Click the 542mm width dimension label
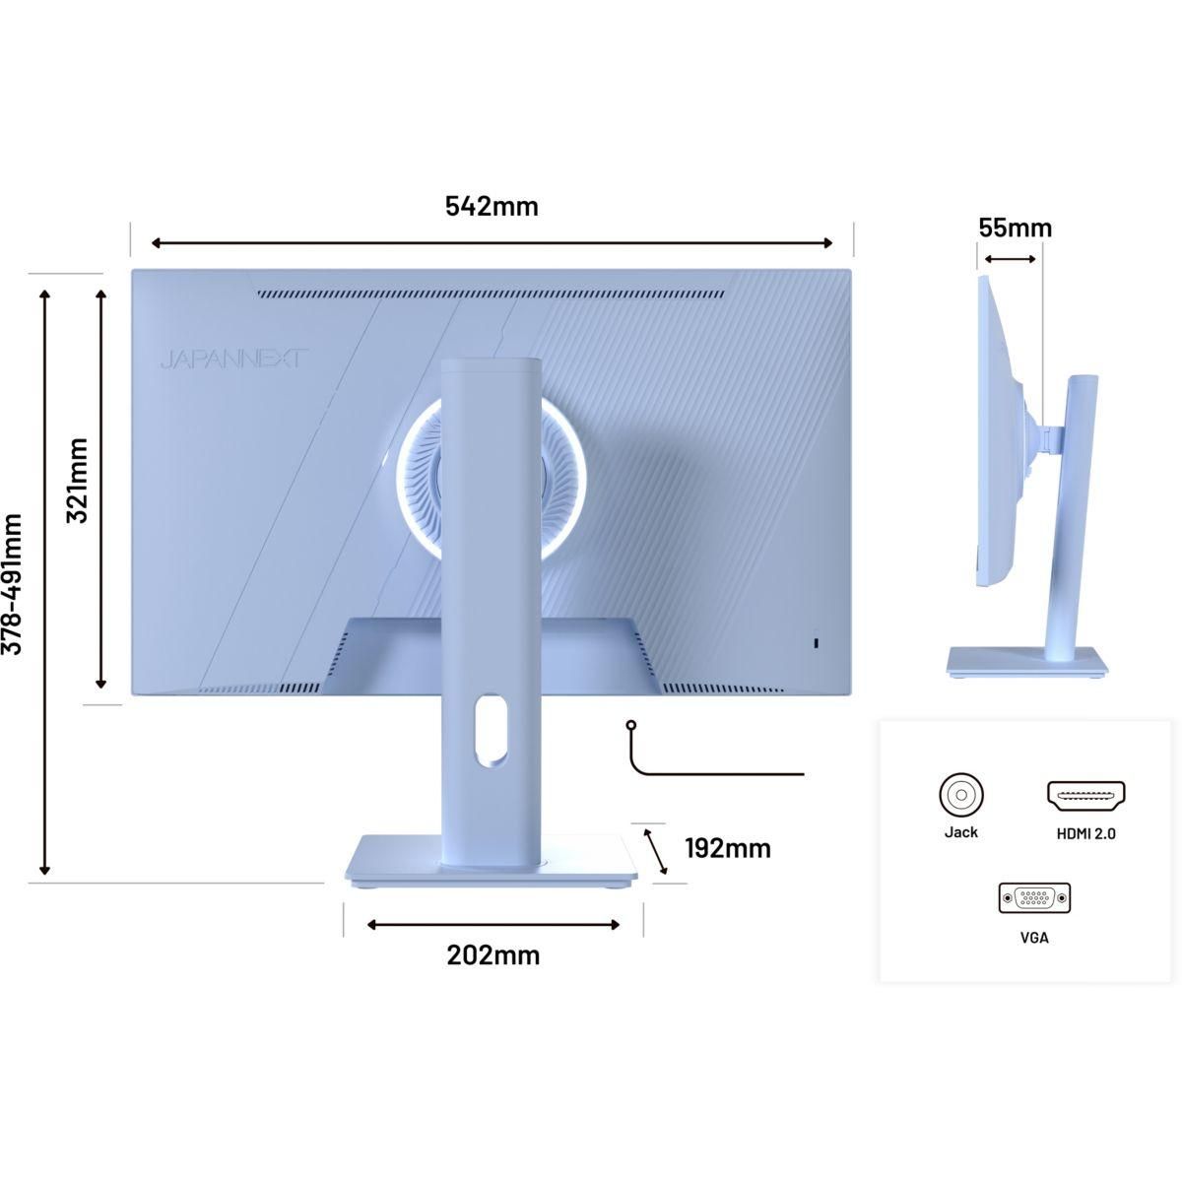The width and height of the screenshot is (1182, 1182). [492, 206]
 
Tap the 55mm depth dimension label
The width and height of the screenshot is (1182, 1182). [1015, 228]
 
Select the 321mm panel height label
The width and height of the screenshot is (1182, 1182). [78, 481]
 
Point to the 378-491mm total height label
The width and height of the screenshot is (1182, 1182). [12, 584]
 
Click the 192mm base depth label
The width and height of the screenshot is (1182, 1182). [728, 848]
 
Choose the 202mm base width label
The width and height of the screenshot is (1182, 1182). [493, 955]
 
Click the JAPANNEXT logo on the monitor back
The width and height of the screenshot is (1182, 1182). [234, 360]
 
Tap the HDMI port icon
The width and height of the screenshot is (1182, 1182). [1085, 796]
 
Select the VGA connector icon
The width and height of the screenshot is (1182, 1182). [1034, 898]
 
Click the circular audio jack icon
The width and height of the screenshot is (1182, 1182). [961, 795]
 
